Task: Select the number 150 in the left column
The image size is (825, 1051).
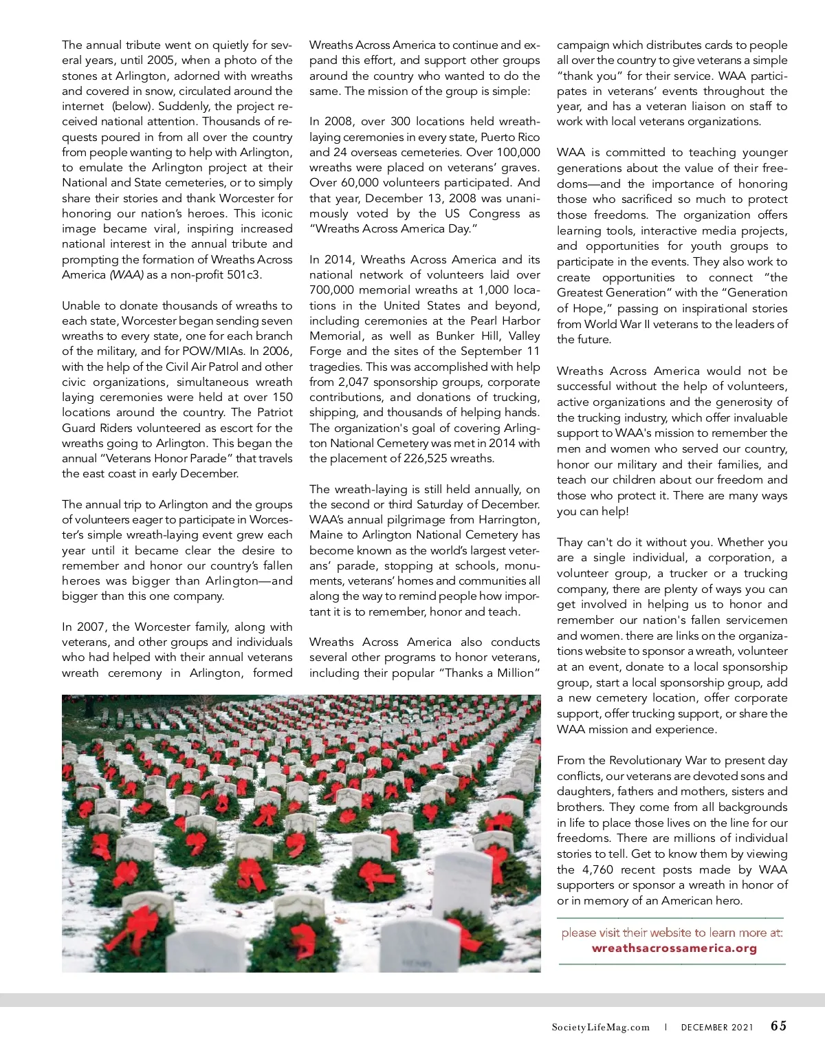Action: pos(283,398)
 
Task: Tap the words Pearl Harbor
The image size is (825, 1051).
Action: pos(504,321)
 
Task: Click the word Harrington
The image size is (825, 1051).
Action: pos(503,520)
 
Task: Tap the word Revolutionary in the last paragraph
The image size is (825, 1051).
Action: pos(646,761)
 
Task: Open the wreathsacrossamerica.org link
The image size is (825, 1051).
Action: pos(674,949)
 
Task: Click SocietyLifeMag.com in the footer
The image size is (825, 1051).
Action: pos(600,1028)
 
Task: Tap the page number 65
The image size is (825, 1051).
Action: pos(778,1026)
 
